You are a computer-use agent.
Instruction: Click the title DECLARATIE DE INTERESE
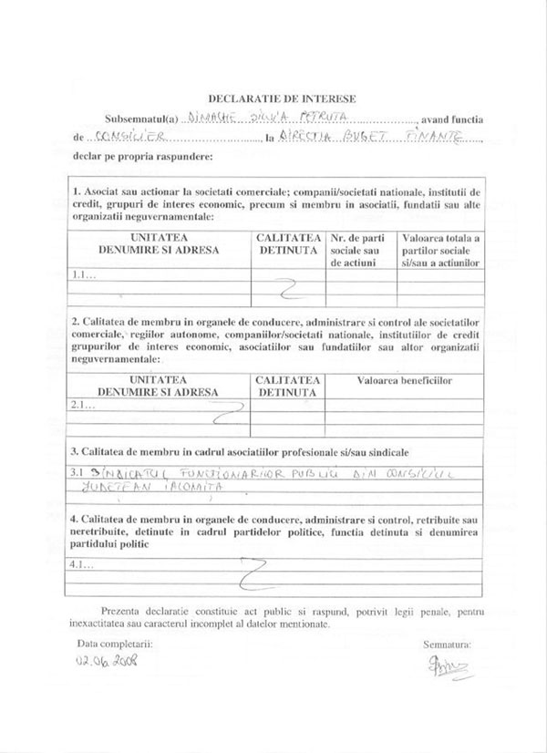tap(282, 98)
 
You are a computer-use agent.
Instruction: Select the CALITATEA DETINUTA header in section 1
tap(288, 243)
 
